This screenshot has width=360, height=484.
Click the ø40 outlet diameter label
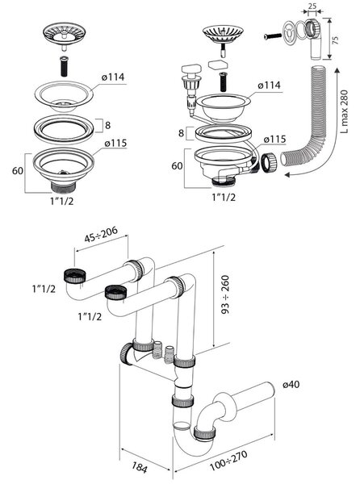tap(291, 385)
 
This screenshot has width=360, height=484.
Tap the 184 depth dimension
tap(140, 467)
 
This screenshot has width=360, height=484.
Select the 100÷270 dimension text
tap(228, 461)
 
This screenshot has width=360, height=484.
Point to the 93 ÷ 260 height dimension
tap(226, 294)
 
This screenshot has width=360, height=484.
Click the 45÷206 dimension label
tap(101, 234)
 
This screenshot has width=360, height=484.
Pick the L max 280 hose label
tap(344, 111)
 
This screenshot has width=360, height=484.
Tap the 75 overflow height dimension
tap(335, 40)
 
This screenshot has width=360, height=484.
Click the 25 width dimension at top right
tap(312, 6)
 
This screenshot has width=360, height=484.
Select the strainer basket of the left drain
tap(65, 32)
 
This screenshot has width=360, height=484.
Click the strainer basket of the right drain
tap(223, 34)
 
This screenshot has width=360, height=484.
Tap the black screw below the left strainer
tap(64, 66)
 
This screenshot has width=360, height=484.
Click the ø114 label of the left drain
tap(113, 77)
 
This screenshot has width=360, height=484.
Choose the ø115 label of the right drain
tap(274, 140)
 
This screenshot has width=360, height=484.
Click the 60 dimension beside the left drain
tap(18, 170)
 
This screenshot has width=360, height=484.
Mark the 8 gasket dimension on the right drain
tap(182, 133)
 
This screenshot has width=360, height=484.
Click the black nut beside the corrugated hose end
tap(270, 161)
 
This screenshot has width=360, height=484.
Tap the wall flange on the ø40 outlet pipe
tap(221, 407)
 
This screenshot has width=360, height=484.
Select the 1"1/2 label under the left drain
tap(62, 201)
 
